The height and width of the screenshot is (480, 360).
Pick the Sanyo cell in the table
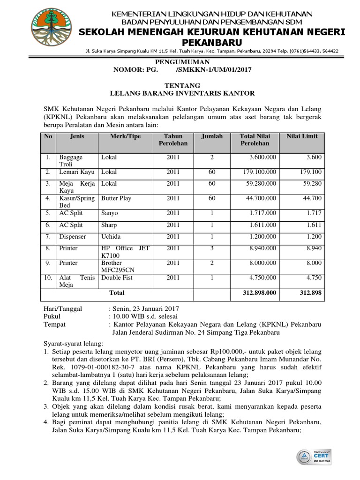(x=110, y=213)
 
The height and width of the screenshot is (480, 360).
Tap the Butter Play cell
(x=116, y=198)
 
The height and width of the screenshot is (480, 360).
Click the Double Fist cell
(x=117, y=277)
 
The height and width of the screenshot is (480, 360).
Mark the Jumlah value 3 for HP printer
(x=212, y=248)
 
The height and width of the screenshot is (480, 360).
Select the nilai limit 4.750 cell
(x=313, y=277)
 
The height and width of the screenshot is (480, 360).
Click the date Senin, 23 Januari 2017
(x=145, y=308)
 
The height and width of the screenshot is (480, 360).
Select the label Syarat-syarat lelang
(x=73, y=344)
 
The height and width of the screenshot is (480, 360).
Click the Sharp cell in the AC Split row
(x=109, y=225)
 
